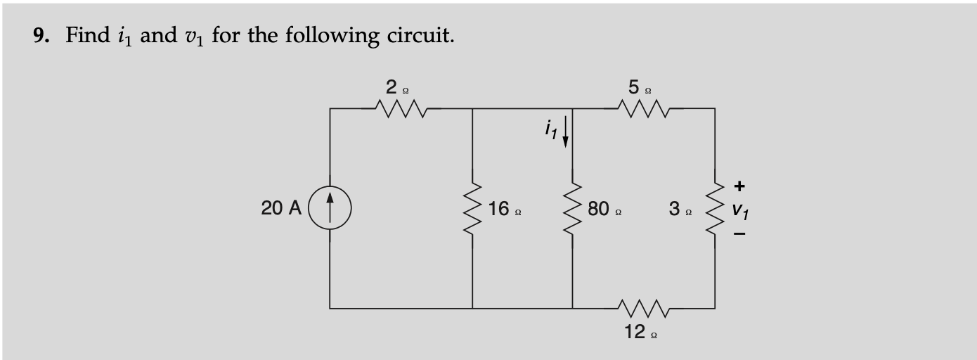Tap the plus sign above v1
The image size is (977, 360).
click(x=739, y=186)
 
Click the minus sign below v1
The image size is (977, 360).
click(x=739, y=235)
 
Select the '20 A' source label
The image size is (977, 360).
click(x=280, y=209)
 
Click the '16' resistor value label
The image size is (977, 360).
click(x=500, y=209)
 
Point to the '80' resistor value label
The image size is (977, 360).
click(x=600, y=209)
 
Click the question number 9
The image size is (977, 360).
click(x=40, y=35)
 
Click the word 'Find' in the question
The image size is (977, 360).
click(x=87, y=35)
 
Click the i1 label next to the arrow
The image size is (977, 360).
click(x=550, y=129)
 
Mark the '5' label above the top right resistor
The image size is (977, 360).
click(x=634, y=88)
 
